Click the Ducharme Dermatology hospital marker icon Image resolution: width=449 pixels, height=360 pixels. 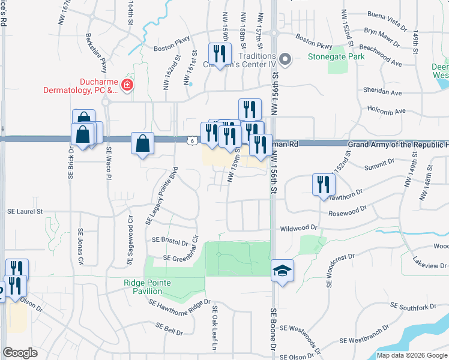coord(127,86)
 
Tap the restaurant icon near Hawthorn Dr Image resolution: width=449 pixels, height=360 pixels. coord(322,184)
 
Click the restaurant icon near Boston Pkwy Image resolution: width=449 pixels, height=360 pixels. coord(219,54)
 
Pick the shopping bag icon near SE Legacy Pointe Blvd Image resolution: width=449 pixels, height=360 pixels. coord(143,144)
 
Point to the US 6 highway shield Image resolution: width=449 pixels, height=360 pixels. coord(190,140)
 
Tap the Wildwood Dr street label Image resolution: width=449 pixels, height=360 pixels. coord(298,229)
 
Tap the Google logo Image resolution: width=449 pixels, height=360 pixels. coord(20,353)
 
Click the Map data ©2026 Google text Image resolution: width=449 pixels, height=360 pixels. coord(411,355)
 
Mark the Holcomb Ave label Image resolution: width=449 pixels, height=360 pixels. coord(387,111)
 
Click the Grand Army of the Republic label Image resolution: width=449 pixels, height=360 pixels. coord(396,145)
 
